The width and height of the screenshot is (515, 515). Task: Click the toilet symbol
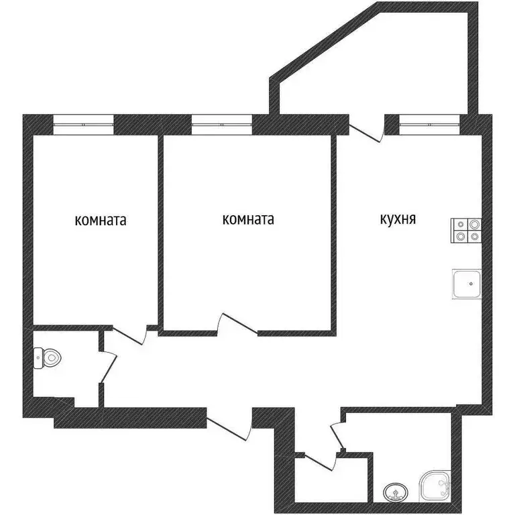click(48, 357)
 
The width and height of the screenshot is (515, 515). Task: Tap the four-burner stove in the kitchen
click(465, 230)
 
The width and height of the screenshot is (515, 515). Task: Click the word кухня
click(398, 219)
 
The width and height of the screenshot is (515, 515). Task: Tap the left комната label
click(101, 220)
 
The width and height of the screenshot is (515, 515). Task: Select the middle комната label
click(247, 219)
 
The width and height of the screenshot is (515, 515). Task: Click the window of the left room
click(83, 123)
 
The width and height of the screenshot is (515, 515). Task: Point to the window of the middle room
click(221, 123)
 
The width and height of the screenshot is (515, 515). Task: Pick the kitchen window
click(429, 123)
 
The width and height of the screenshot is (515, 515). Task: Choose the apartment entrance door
click(229, 422)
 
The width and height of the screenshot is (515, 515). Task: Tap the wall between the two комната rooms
click(161, 228)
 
